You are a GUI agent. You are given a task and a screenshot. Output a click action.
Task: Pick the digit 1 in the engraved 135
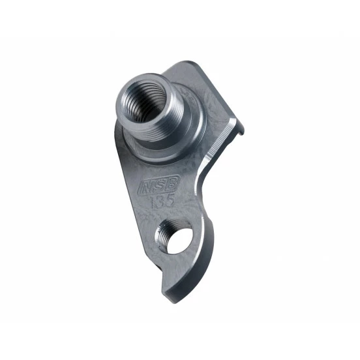click(151, 203)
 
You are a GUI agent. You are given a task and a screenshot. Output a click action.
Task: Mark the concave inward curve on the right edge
click(207, 183)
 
